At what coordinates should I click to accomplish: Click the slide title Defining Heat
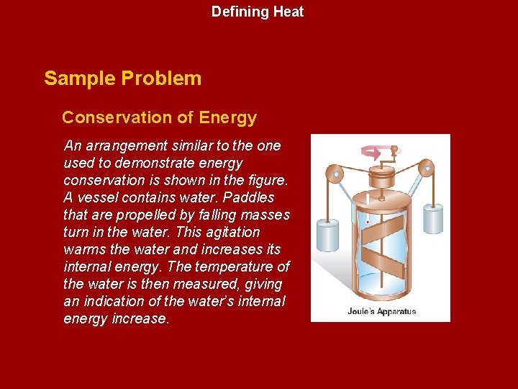[x=258, y=12]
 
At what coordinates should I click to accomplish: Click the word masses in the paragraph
[x=267, y=215]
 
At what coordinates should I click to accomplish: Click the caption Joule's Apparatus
[x=381, y=312]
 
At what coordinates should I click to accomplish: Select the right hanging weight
[x=432, y=218]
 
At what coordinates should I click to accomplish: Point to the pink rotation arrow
[x=373, y=153]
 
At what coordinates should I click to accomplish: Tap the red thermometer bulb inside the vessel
[x=368, y=222]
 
